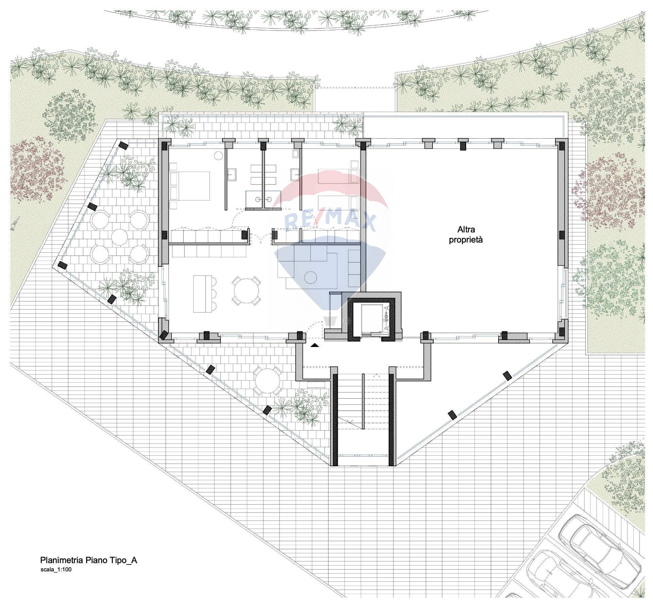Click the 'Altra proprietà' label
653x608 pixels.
pyautogui.click(x=466, y=234)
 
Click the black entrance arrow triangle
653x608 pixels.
pyautogui.click(x=315, y=345)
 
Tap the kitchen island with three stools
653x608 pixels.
pyautogui.click(x=204, y=294)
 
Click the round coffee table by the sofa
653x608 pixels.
pyautogui.click(x=310, y=277)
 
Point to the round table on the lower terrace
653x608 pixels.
pyautogui.click(x=268, y=381)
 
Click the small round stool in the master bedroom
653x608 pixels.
pyautogui.click(x=218, y=156)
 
